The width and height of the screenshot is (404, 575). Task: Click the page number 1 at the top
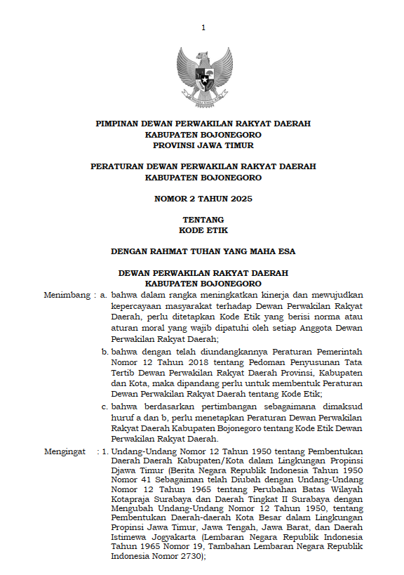pyautogui.click(x=203, y=28)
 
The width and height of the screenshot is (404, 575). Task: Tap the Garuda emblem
pyautogui.click(x=203, y=75)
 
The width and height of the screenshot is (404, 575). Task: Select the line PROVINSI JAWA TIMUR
pyautogui.click(x=203, y=145)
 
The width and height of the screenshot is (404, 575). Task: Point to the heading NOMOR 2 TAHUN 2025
pyautogui.click(x=203, y=199)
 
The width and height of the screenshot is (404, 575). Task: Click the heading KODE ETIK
pyautogui.click(x=203, y=230)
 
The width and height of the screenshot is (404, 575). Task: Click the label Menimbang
pyautogui.click(x=66, y=295)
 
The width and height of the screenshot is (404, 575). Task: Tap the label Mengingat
pyautogui.click(x=64, y=450)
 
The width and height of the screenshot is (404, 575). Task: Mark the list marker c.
pyautogui.click(x=105, y=407)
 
